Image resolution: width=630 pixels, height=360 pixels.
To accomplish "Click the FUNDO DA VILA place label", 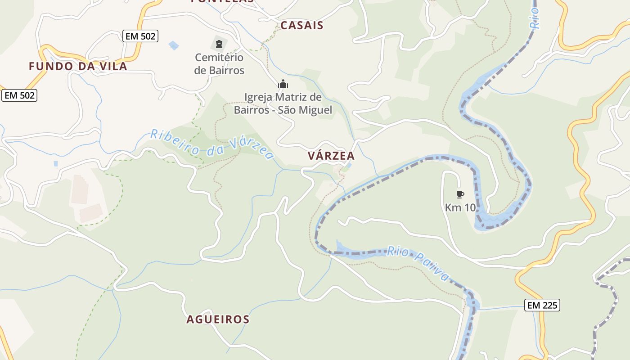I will tap(78, 66).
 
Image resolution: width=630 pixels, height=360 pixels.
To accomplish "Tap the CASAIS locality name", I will tap(302, 25).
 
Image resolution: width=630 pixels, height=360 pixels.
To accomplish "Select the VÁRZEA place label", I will tap(331, 156).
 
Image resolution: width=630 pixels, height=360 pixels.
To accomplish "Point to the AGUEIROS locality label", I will tap(218, 319).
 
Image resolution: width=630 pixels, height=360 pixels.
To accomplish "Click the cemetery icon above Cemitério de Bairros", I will tap(219, 44).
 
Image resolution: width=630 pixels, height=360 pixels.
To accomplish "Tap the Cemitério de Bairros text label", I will tap(219, 64).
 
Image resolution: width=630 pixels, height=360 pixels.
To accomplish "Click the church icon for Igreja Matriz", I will tap(283, 84).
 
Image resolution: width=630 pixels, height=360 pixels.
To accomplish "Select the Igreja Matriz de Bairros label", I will tap(283, 103).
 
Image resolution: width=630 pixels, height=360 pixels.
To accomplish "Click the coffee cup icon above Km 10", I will tap(460, 194).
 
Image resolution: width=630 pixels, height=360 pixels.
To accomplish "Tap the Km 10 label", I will tap(460, 207).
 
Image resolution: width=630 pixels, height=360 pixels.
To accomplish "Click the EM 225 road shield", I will tap(542, 305).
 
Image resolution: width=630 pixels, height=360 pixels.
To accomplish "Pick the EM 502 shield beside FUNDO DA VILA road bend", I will tap(19, 95).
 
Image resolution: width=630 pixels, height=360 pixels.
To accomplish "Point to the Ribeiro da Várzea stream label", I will tap(211, 144).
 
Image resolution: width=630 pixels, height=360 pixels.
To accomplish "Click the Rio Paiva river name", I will tap(418, 263).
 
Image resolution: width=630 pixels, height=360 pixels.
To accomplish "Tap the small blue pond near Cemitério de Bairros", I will tap(173, 45).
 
